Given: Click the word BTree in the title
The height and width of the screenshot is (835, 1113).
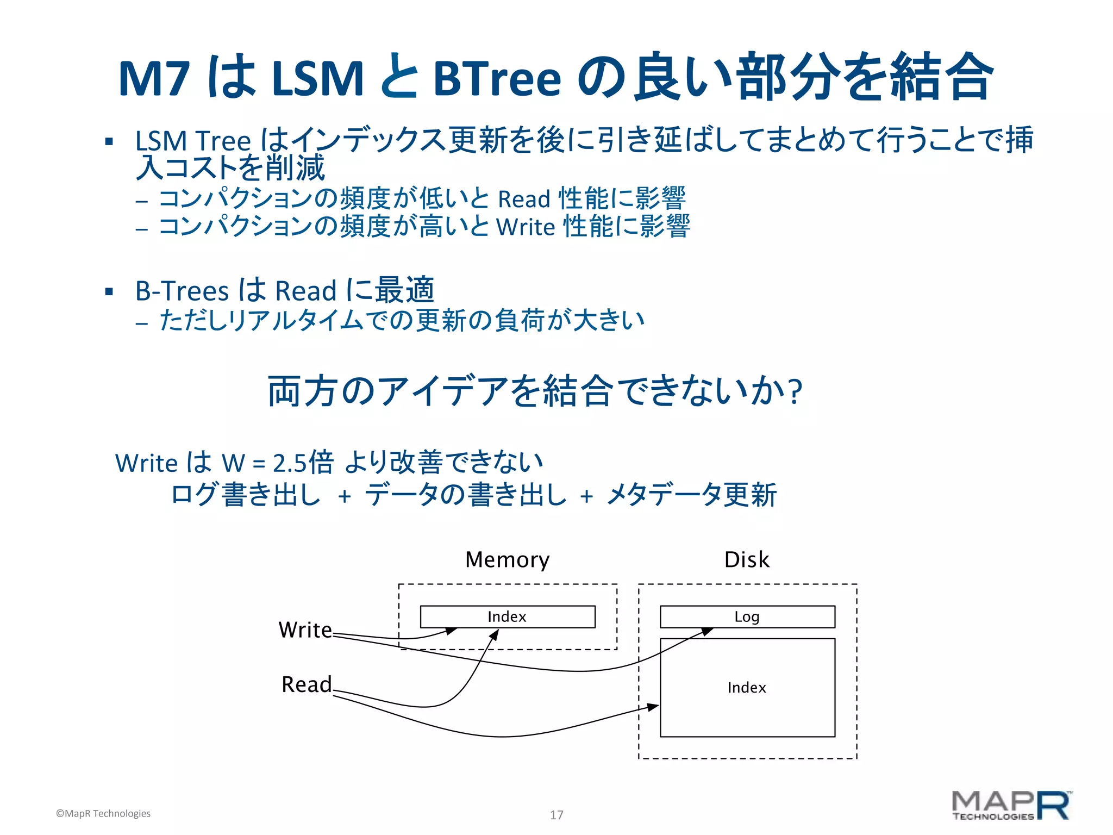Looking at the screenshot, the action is [x=497, y=78].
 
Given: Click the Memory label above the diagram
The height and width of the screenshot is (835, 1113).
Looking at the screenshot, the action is [x=507, y=560].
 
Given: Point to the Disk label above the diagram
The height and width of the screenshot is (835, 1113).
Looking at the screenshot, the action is [x=747, y=560].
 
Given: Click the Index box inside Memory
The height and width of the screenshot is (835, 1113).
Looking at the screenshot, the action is [x=507, y=616].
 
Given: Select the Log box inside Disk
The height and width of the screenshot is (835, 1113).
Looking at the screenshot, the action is [x=747, y=616].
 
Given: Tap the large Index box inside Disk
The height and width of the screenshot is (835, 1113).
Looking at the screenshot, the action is [x=747, y=687].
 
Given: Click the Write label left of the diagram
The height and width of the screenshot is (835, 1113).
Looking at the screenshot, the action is [x=305, y=630].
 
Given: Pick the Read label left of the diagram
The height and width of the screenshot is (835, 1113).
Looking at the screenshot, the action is [x=307, y=684].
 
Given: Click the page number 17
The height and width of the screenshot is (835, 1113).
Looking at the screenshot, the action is [x=556, y=815].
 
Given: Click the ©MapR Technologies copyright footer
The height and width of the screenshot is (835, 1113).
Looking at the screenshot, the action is [x=103, y=813].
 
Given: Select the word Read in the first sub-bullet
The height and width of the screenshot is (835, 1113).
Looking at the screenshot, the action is [x=524, y=200].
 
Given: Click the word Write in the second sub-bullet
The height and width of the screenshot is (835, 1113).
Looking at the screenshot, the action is [x=526, y=227].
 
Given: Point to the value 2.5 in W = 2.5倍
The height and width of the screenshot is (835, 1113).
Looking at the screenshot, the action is [x=290, y=464].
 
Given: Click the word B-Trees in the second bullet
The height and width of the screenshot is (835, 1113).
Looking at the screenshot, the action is [x=182, y=291].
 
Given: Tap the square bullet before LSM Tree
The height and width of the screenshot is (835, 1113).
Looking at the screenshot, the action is [x=109, y=142].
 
